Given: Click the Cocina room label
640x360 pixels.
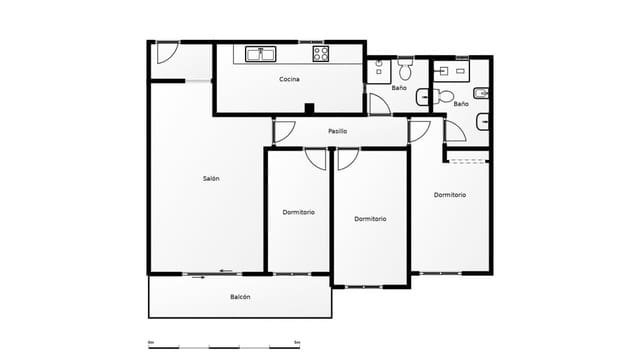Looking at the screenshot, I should [x=289, y=79].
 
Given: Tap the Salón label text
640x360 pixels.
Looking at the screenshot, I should [x=211, y=178].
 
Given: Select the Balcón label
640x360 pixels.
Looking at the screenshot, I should [x=240, y=297].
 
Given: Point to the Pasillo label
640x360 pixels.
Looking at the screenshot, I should [x=337, y=131].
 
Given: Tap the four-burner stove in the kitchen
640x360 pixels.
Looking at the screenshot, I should [x=321, y=54].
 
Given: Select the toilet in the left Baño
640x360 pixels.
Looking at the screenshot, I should [x=405, y=69].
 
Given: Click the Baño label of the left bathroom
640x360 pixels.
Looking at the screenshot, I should [x=399, y=88].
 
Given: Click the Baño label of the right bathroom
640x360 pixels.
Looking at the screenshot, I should [x=461, y=103].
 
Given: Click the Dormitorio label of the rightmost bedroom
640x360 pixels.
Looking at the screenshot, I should [x=450, y=195].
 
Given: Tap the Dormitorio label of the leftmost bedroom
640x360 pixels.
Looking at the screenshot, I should [x=298, y=212].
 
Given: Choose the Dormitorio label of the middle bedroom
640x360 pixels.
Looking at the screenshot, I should [x=370, y=219].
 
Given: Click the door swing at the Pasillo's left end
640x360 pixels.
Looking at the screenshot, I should [x=283, y=130].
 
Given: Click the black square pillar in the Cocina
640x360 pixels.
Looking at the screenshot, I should [x=310, y=109].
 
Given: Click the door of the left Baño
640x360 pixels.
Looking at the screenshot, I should [x=379, y=104].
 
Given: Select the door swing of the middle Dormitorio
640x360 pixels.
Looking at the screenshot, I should [x=347, y=158].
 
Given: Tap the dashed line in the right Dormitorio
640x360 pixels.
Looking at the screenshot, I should [x=467, y=161].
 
